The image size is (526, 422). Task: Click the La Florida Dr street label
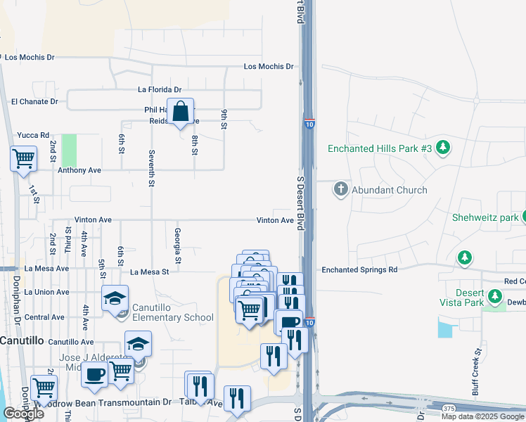point(160,90)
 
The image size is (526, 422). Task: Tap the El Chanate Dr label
point(34,102)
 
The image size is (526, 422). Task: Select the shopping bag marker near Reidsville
point(181,112)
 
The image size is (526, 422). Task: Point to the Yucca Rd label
point(33,135)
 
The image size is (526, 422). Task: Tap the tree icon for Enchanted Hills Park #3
point(443,148)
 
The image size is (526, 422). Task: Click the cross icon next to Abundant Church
point(341,189)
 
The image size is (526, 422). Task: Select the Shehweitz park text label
point(485,217)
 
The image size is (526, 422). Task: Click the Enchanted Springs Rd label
point(359,269)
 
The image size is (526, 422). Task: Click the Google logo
point(23,414)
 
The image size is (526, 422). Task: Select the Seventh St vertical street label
point(151,167)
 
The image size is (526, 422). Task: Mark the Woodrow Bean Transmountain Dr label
point(113,402)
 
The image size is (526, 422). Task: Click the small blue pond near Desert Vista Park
point(444,328)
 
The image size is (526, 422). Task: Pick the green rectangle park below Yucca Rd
point(69,150)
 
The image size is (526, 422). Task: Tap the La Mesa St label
point(150,271)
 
